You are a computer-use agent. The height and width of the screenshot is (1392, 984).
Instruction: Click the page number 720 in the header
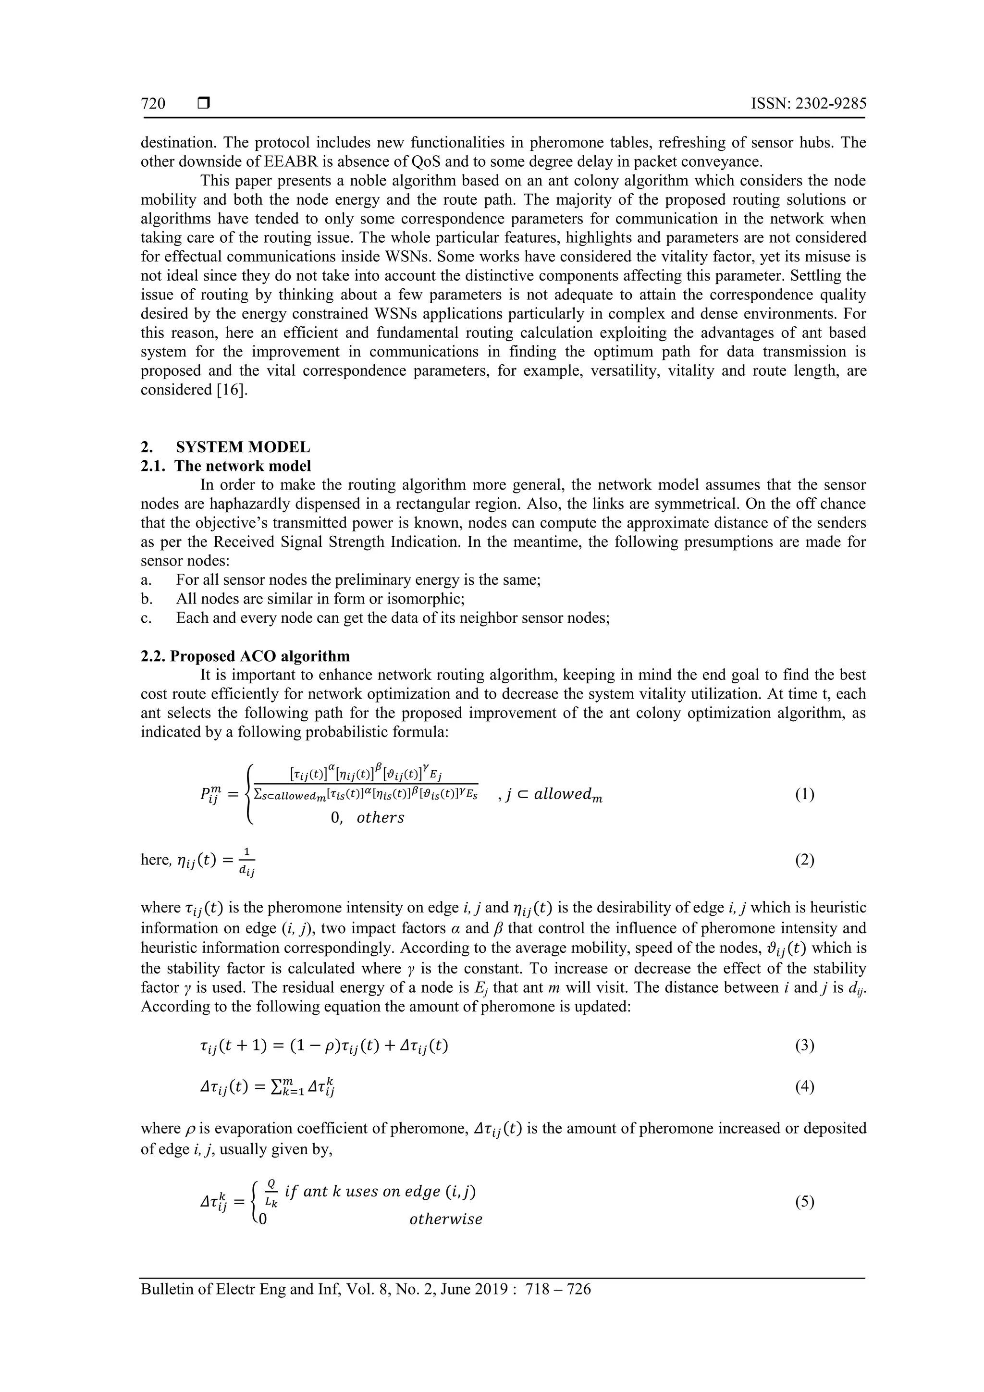click(x=153, y=104)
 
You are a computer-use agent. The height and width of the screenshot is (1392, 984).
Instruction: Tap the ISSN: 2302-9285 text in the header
click(x=808, y=104)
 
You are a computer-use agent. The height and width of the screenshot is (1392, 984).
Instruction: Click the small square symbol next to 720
click(x=203, y=104)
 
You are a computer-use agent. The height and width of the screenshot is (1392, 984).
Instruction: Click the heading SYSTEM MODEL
click(x=243, y=447)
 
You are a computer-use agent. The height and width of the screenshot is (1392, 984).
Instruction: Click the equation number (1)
click(x=804, y=794)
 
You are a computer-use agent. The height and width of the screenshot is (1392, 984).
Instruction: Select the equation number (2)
click(x=804, y=860)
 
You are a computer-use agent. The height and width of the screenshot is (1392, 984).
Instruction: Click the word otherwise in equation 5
click(x=445, y=1219)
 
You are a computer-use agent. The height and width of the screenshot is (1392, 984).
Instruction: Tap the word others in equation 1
click(x=380, y=817)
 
